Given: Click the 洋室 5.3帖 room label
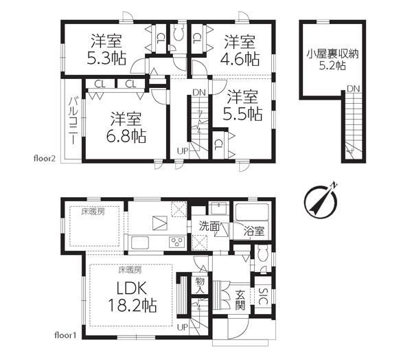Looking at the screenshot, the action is click(x=106, y=49).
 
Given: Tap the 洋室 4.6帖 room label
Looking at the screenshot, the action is click(x=240, y=51).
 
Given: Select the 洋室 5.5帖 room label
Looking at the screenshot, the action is click(x=242, y=105).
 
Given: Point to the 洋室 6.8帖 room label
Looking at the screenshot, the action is click(x=126, y=128).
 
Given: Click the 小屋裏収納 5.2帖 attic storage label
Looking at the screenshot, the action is click(x=332, y=60).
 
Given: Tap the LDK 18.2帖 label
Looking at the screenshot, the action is click(x=133, y=297).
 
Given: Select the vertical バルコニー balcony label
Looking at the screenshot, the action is click(x=73, y=121).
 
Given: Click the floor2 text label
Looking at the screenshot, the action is click(x=45, y=159).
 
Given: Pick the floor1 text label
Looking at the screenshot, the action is click(x=65, y=335).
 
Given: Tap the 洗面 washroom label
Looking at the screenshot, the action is click(x=209, y=226).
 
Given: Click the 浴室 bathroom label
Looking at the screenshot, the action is click(x=253, y=232).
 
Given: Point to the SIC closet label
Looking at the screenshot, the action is click(x=263, y=297).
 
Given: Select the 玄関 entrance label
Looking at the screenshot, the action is click(x=240, y=300).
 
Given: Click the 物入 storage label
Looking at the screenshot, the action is click(x=200, y=285).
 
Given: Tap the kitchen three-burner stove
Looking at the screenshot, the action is click(x=177, y=243).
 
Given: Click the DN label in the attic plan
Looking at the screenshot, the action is click(x=353, y=89).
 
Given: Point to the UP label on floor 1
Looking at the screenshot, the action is click(x=183, y=328).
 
